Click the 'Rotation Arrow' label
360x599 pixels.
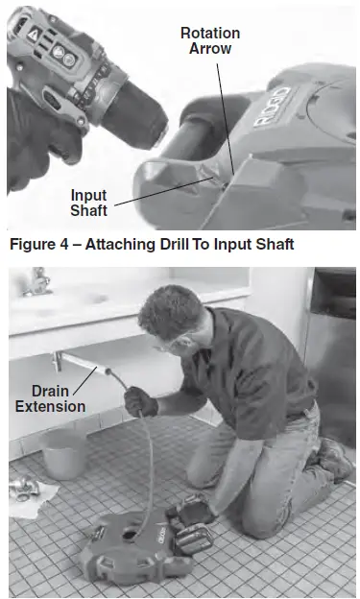pyautogui.click(x=210, y=40)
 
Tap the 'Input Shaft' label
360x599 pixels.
pyautogui.click(x=88, y=203)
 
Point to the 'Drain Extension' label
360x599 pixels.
pyautogui.click(x=49, y=398)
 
